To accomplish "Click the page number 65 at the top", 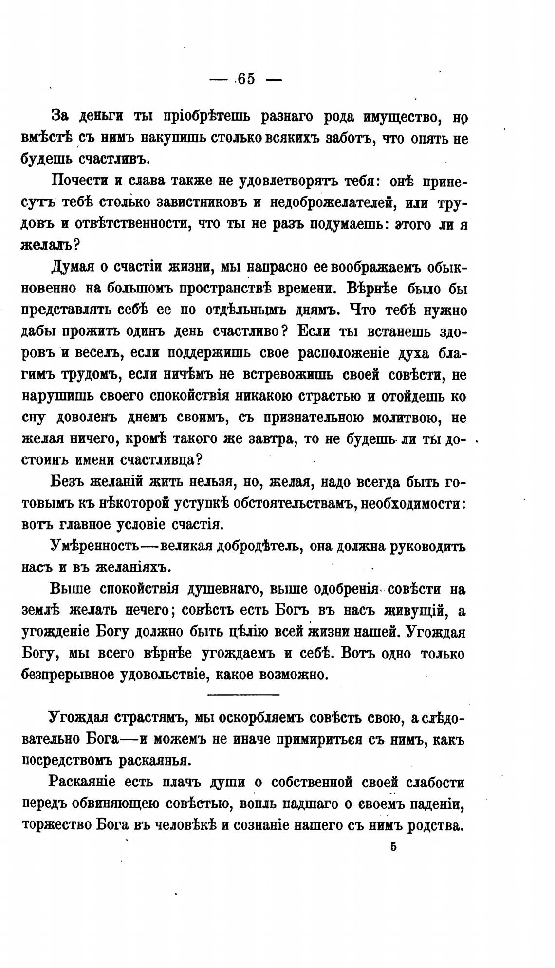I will click(246, 79).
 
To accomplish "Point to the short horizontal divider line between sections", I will click(243, 694).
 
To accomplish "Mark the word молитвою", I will click(402, 418).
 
